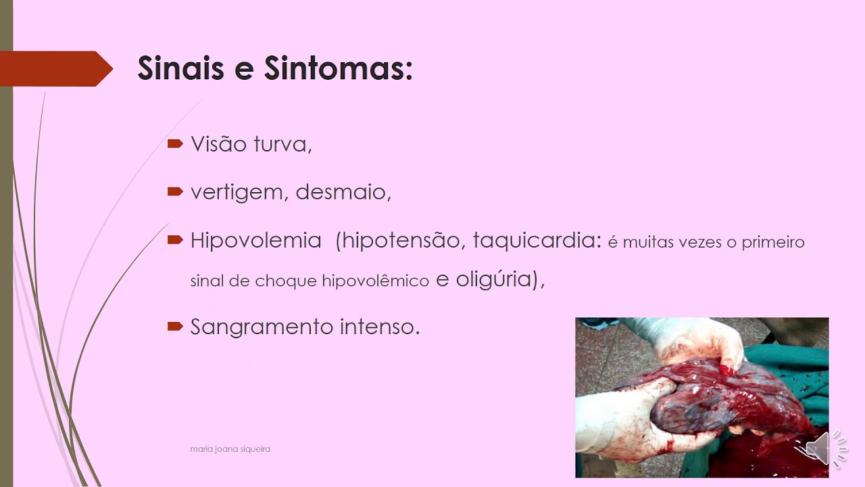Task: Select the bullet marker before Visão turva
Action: tap(175, 143)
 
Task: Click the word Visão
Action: tap(219, 144)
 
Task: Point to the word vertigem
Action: tap(239, 193)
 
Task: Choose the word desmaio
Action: tap(343, 193)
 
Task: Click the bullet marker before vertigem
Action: tap(175, 192)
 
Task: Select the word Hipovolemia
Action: tap(255, 241)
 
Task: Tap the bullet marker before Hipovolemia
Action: tap(175, 239)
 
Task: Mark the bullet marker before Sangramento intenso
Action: tap(175, 326)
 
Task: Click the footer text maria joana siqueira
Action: tap(230, 449)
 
